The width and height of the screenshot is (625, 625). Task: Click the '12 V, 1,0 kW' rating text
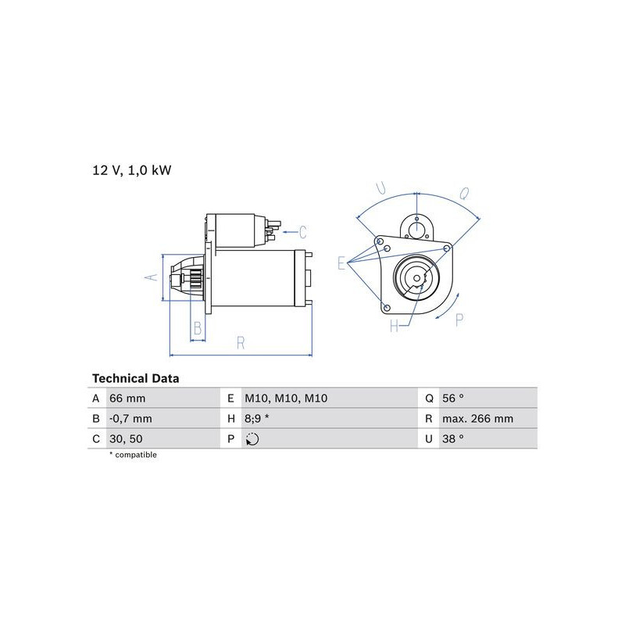coord(131,170)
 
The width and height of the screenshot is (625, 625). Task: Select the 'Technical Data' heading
coord(135,378)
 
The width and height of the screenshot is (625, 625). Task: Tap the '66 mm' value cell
coord(127,398)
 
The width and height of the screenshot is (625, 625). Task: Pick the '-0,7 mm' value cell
coord(130,419)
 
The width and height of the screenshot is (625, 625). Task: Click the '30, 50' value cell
coord(126,439)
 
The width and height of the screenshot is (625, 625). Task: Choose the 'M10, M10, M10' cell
coord(286,398)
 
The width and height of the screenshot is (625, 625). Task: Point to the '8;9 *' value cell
coord(257,419)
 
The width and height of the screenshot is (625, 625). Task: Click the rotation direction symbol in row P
coord(252,439)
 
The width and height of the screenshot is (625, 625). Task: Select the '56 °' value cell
coord(453,398)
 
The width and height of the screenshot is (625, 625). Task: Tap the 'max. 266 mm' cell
coord(477,419)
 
